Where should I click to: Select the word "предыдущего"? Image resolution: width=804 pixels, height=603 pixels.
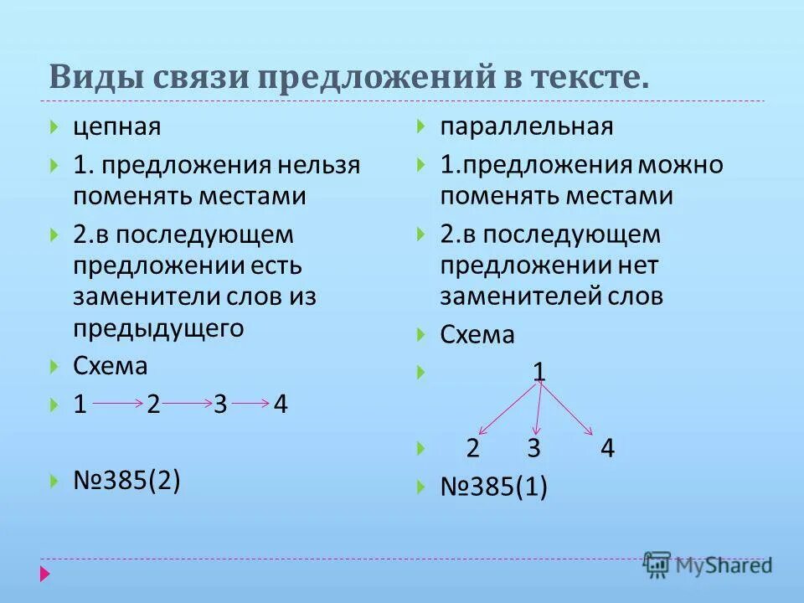pyautogui.click(x=158, y=328)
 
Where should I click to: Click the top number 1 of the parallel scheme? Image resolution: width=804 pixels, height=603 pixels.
pyautogui.click(x=540, y=370)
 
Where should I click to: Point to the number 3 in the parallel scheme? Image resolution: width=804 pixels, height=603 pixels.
pyautogui.click(x=533, y=448)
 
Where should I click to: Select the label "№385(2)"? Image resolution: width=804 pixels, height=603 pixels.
pyautogui.click(x=126, y=481)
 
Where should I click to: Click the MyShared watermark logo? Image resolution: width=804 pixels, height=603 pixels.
pyautogui.click(x=708, y=564)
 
